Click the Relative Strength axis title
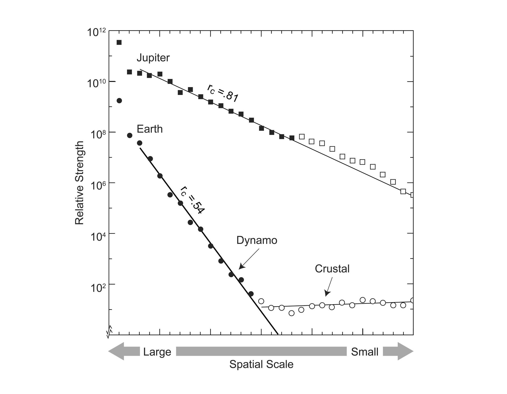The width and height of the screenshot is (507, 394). point(79,183)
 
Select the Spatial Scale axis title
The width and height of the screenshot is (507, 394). point(261,364)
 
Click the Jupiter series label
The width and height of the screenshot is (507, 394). point(153,58)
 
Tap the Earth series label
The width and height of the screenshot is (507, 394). point(149,129)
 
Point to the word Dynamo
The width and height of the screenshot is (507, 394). point(257,240)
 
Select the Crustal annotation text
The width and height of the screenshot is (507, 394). point(332,269)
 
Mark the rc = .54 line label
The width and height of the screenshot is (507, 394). point(192,200)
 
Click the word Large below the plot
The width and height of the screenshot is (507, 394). point(157,352)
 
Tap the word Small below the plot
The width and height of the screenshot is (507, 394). point(364,352)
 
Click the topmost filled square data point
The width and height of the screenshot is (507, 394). point(119,42)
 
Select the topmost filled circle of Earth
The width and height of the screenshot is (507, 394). point(119,101)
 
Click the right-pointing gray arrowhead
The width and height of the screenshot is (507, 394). point(405,351)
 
